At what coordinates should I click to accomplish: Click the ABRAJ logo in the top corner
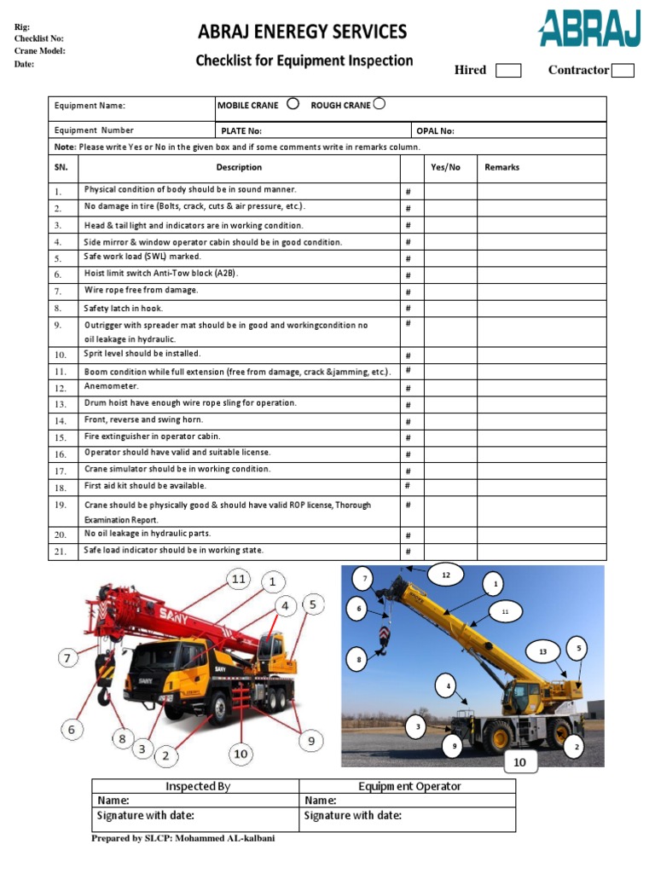click(588, 29)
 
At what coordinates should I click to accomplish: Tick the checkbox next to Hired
click(507, 71)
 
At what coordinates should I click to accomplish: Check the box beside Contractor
click(623, 71)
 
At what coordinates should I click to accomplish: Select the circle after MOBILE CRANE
click(293, 104)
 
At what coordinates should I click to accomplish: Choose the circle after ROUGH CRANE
click(379, 104)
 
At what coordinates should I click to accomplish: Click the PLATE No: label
click(241, 131)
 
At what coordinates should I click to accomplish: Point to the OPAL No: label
click(435, 131)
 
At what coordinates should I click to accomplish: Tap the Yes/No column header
click(445, 168)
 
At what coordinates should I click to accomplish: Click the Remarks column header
click(501, 168)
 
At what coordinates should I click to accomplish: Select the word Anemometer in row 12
click(111, 387)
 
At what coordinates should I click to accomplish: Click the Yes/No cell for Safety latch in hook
click(450, 309)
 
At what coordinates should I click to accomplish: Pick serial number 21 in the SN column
click(61, 552)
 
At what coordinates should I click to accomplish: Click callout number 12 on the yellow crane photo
click(445, 575)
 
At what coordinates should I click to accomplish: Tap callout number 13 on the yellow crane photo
click(542, 652)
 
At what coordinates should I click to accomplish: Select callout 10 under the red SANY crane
click(241, 754)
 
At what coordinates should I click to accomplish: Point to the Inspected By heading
click(198, 786)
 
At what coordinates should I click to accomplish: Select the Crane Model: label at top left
click(40, 51)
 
